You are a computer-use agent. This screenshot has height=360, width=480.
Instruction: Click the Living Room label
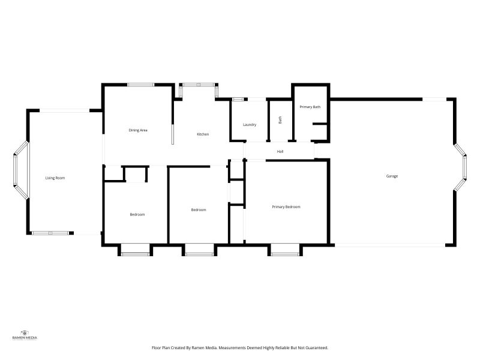55,178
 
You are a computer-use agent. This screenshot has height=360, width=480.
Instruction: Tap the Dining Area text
138,130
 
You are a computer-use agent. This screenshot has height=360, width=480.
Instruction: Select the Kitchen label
203,134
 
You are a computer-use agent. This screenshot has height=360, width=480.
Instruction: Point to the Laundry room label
250,125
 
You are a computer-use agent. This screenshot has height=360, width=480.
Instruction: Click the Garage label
392,176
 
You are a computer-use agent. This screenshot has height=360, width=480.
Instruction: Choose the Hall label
280,151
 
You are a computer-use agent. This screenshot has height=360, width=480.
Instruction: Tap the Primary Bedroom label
286,207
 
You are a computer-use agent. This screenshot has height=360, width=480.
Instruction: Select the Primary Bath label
310,107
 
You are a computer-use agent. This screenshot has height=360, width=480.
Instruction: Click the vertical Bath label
280,120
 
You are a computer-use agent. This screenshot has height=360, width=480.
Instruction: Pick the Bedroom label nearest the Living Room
137,214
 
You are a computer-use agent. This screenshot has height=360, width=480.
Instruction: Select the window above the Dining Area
141,85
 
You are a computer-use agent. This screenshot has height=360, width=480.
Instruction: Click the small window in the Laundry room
238,99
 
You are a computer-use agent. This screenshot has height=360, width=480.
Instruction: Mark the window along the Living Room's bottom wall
50,232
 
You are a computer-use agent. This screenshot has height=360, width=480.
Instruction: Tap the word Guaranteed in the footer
315,347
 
